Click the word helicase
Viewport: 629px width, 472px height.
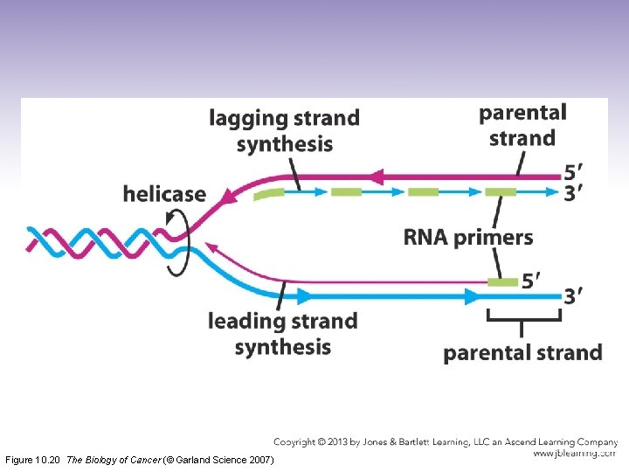tap(164, 194)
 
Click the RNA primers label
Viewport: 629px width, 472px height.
tap(467, 237)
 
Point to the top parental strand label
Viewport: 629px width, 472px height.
tap(522, 125)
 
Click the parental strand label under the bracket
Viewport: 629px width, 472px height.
tap(522, 353)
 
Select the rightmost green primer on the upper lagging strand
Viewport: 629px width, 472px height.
tap(501, 191)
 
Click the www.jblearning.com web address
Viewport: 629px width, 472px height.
tap(574, 454)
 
